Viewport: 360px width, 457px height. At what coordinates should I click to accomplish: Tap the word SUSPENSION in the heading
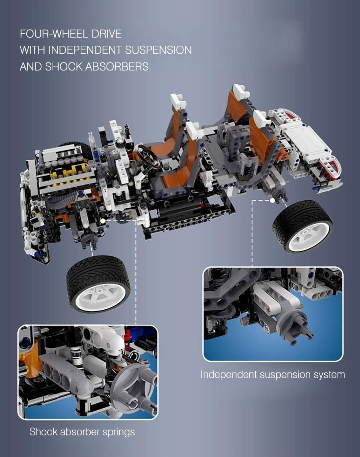(158, 50)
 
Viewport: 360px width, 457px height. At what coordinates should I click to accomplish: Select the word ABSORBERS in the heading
(117, 67)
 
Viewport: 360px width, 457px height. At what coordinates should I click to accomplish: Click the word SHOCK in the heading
(64, 67)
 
